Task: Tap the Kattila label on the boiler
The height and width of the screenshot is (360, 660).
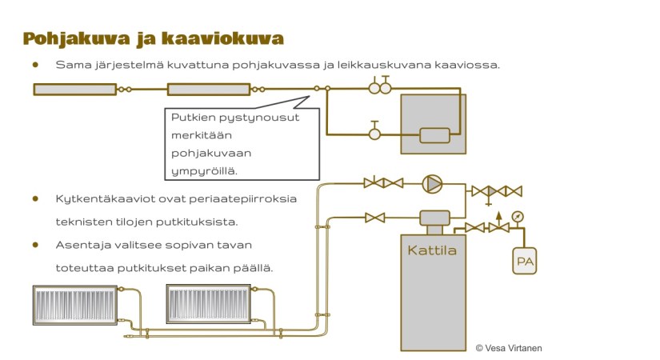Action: point(431,250)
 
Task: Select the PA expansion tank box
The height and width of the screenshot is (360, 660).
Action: point(524,261)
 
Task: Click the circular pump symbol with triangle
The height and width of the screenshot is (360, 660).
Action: point(432,184)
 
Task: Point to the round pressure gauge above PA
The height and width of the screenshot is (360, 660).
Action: point(518,216)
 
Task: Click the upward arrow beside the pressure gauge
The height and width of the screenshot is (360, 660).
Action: point(498,215)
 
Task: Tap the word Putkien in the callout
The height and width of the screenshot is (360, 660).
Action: point(192,117)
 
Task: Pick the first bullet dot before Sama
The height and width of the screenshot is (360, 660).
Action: point(35,64)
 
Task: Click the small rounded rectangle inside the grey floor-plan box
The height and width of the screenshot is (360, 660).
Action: point(434,135)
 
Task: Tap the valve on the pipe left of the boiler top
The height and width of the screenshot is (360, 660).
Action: point(374,218)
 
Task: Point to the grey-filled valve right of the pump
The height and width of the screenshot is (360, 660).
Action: point(496,190)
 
